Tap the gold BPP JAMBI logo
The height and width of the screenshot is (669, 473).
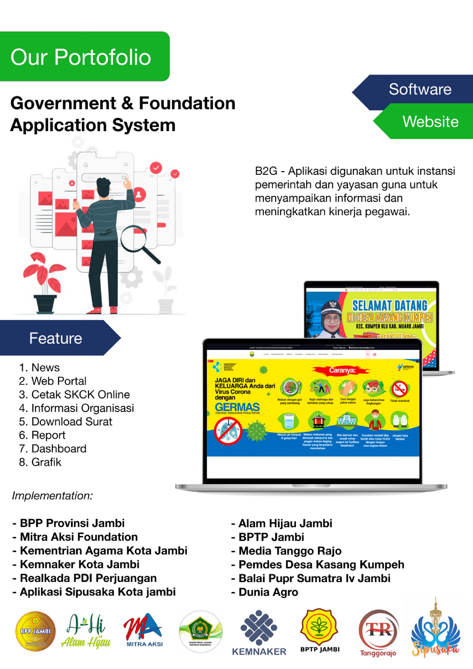click(35, 631)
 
